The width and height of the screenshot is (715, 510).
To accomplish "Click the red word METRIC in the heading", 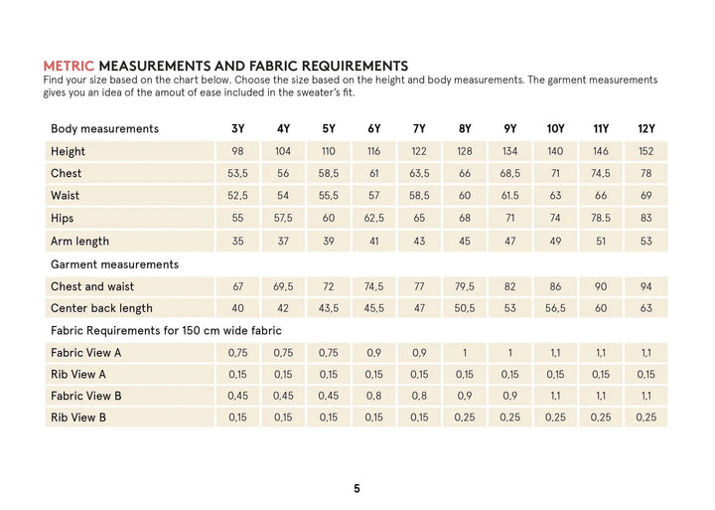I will (70, 66).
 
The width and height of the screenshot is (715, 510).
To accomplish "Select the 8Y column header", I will (465, 129).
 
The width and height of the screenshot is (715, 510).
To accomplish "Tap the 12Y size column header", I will (645, 129).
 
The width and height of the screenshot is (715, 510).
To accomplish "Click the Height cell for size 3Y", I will (237, 151).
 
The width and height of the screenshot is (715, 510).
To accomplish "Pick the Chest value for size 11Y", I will (601, 173).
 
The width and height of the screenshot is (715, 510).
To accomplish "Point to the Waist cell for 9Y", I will (509, 196).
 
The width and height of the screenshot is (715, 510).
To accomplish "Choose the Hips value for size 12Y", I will (645, 218).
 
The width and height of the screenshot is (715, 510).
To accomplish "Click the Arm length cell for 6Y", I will (373, 241).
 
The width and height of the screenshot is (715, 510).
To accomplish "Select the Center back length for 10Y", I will (555, 308).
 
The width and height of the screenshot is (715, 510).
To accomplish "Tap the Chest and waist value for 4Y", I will (283, 286).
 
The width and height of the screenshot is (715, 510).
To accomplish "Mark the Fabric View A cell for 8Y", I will (465, 353).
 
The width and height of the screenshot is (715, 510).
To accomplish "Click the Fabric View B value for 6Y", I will (373, 396).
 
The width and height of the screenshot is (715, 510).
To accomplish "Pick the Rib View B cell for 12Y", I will (645, 418).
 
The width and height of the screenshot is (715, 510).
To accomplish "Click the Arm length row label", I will (79, 241).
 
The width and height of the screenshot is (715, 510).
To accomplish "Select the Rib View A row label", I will (77, 375).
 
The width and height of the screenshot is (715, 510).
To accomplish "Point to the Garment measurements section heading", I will (114, 264).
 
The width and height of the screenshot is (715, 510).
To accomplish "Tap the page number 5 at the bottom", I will (357, 488).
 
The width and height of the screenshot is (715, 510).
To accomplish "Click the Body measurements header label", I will (104, 129).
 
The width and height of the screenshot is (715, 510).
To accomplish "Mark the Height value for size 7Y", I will (419, 151).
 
